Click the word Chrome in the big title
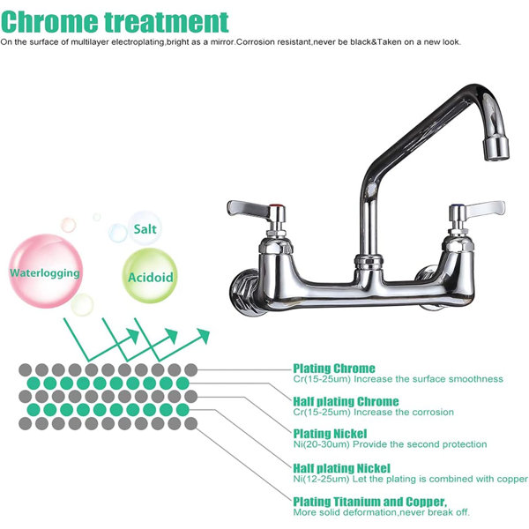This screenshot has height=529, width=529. coord(48,22)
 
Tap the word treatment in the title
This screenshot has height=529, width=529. coord(167,22)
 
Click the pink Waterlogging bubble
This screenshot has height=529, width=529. coord(45,271)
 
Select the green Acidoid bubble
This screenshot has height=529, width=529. coord(150,276)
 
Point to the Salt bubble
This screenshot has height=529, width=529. coord(145,228)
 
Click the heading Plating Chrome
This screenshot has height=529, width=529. coord(333,368)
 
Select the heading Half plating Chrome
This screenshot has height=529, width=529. coord(346,401)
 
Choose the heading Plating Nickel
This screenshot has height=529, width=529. coord(330,434)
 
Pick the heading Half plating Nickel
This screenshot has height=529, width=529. coord(341,468)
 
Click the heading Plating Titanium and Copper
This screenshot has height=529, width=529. coord(369,502)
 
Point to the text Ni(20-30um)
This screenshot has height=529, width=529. coord(321,444)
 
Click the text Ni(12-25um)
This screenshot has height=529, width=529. coord(321,479)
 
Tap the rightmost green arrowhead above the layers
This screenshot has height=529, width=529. coord(204,335)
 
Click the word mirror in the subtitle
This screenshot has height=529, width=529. coord(222,42)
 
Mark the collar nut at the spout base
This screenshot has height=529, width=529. coord(369,263)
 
